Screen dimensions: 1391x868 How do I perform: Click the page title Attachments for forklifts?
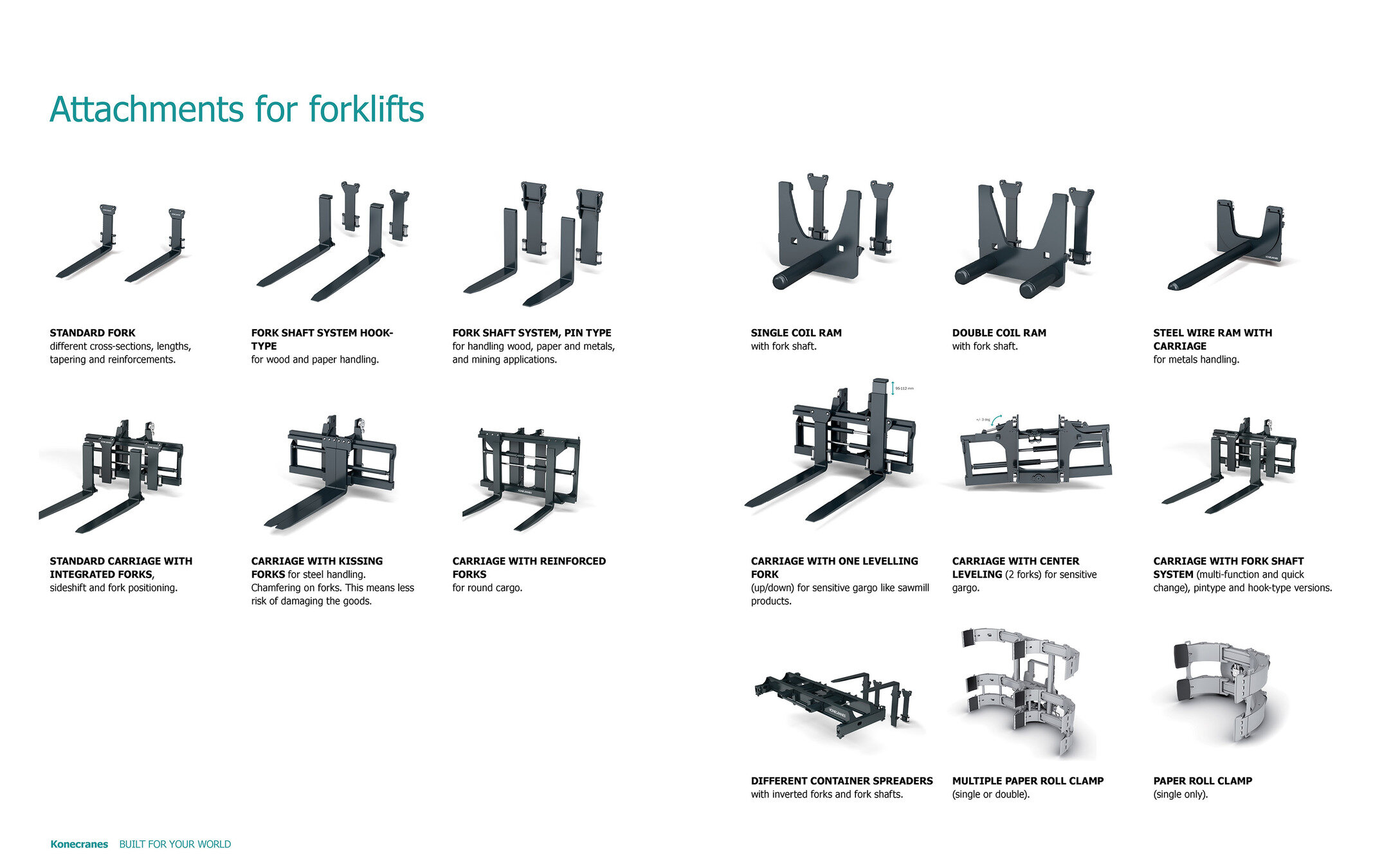pos(237,109)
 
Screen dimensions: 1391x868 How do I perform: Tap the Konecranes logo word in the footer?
pos(79,844)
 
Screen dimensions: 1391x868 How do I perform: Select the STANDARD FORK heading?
pos(93,332)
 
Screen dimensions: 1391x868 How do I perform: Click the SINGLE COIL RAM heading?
pos(796,332)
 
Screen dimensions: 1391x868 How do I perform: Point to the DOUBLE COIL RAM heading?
pos(999,332)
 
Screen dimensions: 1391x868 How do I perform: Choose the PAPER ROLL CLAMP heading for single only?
pos(1202,781)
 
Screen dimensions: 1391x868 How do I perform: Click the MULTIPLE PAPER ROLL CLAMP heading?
pos(1028,781)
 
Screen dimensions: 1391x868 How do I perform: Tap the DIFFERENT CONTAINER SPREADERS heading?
pos(841,781)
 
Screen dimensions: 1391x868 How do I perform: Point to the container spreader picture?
pos(836,704)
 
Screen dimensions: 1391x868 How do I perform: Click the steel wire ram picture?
pos(1228,248)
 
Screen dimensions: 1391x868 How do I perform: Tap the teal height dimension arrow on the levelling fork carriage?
pos(893,388)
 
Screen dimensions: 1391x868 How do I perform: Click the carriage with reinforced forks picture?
pos(524,476)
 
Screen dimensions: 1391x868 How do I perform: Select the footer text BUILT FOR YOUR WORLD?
pos(175,844)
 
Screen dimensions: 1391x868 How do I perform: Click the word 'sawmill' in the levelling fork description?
pos(912,588)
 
